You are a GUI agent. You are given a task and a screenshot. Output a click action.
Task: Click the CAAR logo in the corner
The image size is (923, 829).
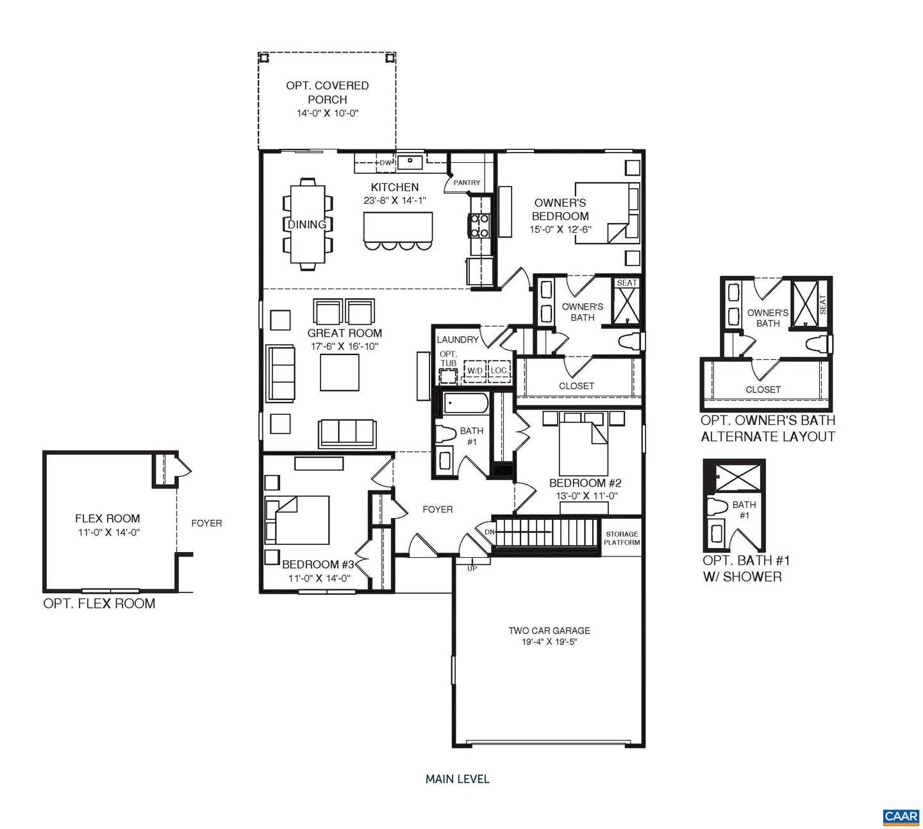tap(901, 816)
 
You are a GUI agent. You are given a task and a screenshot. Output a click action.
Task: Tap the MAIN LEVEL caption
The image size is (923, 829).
tap(457, 779)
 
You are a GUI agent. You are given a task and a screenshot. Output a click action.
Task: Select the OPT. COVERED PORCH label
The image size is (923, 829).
tap(327, 92)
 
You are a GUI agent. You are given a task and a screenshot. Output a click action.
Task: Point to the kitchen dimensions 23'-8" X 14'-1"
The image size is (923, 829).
tap(395, 200)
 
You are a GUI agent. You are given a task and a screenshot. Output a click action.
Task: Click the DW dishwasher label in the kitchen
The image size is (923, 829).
tap(385, 163)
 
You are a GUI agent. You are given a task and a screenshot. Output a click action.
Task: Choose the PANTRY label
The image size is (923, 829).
tap(467, 183)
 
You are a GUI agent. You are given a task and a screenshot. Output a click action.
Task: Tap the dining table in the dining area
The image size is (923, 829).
tap(308, 224)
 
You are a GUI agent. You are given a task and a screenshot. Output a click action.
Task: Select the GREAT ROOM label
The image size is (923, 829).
tap(344, 333)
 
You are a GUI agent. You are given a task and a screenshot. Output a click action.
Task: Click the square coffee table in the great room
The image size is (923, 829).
tap(339, 372)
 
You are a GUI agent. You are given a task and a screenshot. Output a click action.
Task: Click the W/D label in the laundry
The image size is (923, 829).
tap(474, 371)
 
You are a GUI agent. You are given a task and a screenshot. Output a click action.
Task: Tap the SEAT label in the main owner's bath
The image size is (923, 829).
tap(626, 283)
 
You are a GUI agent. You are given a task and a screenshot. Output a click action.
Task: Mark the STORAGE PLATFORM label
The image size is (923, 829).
tap(621, 538)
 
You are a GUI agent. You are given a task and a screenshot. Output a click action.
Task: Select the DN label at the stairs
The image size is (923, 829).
tap(489, 532)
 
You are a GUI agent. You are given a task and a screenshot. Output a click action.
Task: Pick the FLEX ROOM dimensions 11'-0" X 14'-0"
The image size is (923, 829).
tap(107, 532)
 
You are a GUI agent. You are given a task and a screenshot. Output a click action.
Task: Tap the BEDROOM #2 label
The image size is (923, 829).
tap(585, 483)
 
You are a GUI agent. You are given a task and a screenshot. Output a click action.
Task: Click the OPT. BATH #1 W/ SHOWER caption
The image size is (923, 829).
tap(746, 568)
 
